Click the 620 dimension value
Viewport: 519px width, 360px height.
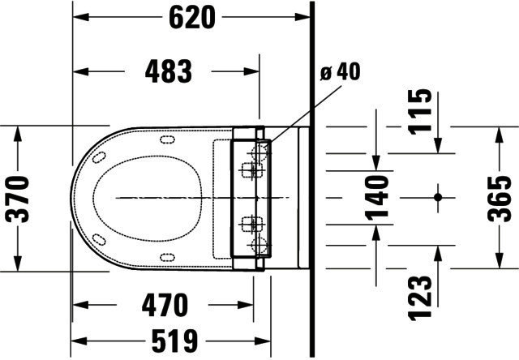coord(192,18)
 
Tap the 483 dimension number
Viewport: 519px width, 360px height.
coord(169,71)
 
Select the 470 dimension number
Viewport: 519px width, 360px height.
coord(165,305)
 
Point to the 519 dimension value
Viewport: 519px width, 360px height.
coord(174,341)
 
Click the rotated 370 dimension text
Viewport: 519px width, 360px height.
coord(17,199)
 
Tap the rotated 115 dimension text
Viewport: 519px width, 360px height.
coord(420,112)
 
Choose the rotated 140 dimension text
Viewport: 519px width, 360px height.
coord(376,198)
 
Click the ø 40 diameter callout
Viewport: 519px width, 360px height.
coord(340,72)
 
